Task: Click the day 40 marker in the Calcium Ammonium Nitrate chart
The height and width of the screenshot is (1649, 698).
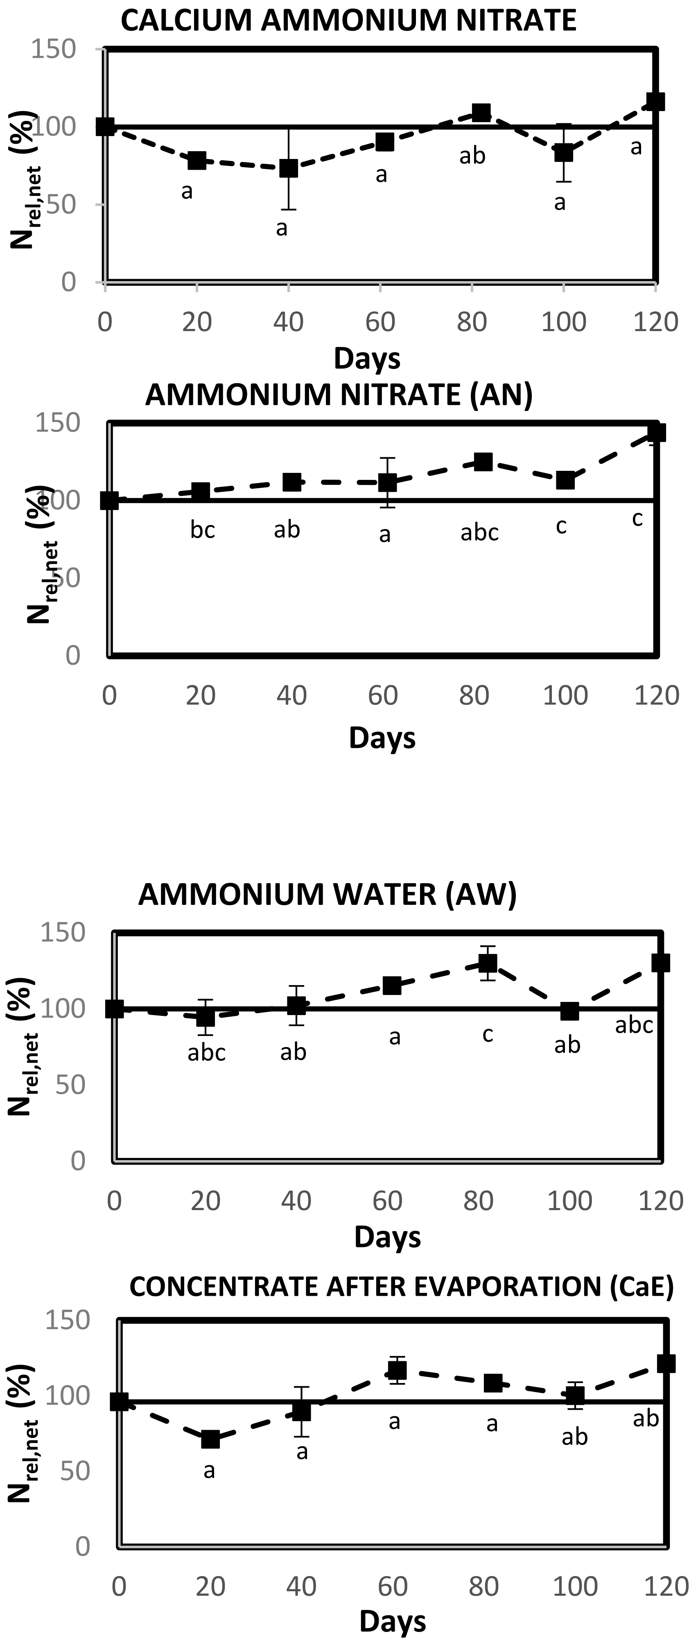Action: [289, 168]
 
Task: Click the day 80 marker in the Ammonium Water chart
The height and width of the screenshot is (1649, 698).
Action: [488, 963]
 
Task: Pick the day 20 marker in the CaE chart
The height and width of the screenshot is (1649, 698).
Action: [210, 1439]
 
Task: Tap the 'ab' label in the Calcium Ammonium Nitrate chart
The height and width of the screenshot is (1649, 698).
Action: [472, 156]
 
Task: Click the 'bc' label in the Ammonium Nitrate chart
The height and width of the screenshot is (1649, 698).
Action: [202, 530]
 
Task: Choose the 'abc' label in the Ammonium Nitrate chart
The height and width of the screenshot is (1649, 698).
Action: [479, 532]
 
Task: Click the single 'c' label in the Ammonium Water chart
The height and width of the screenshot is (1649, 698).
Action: [488, 1034]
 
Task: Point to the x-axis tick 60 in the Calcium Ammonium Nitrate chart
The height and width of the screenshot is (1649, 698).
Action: [380, 321]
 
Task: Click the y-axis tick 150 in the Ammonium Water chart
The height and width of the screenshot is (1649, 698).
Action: [63, 933]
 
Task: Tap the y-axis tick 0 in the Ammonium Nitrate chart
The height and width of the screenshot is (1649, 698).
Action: [73, 656]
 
